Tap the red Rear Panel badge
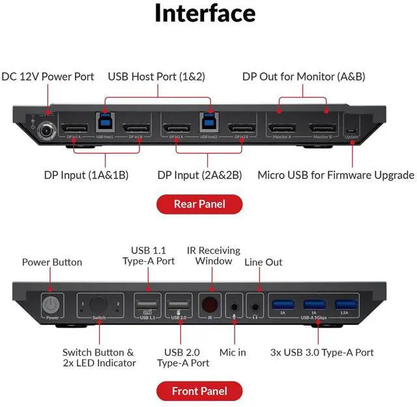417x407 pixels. pyautogui.click(x=199, y=204)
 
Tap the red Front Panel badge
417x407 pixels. pyautogui.click(x=199, y=391)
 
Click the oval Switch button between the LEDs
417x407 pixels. pyautogui.click(x=99, y=305)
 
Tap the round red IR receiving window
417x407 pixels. pyautogui.click(x=210, y=305)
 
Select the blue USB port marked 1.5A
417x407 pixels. pyautogui.click(x=345, y=303)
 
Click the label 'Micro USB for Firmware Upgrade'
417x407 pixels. pyautogui.click(x=336, y=175)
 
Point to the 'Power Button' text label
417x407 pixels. pyautogui.click(x=52, y=262)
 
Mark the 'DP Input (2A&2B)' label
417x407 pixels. pyautogui.click(x=199, y=175)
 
